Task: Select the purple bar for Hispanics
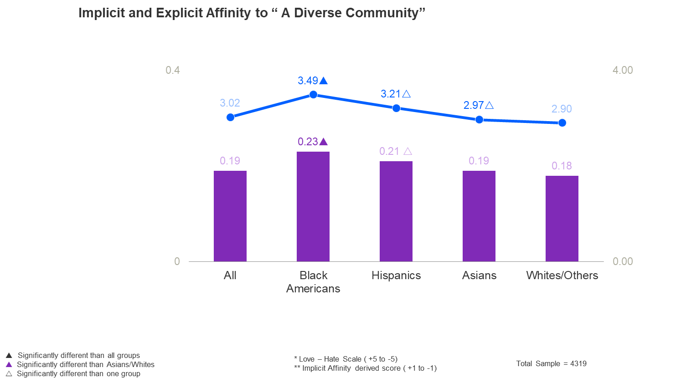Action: tap(396, 211)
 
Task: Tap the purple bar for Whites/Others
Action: tap(562, 219)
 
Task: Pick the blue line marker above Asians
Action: tap(479, 119)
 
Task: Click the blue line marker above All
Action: tap(231, 117)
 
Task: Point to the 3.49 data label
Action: tap(308, 81)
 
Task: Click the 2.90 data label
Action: tap(562, 109)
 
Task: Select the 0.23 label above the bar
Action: tap(308, 142)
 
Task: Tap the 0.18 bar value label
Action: tap(562, 166)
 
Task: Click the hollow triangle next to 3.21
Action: tap(407, 94)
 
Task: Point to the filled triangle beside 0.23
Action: tap(324, 142)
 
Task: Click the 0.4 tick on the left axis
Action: tap(173, 70)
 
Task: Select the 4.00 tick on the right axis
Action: tap(623, 70)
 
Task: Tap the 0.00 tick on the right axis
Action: tap(623, 261)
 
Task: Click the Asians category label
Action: tap(479, 276)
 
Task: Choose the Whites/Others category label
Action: tap(562, 276)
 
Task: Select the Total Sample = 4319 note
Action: tap(551, 363)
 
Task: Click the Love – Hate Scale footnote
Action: tap(346, 359)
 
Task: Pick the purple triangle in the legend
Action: tap(9, 364)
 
